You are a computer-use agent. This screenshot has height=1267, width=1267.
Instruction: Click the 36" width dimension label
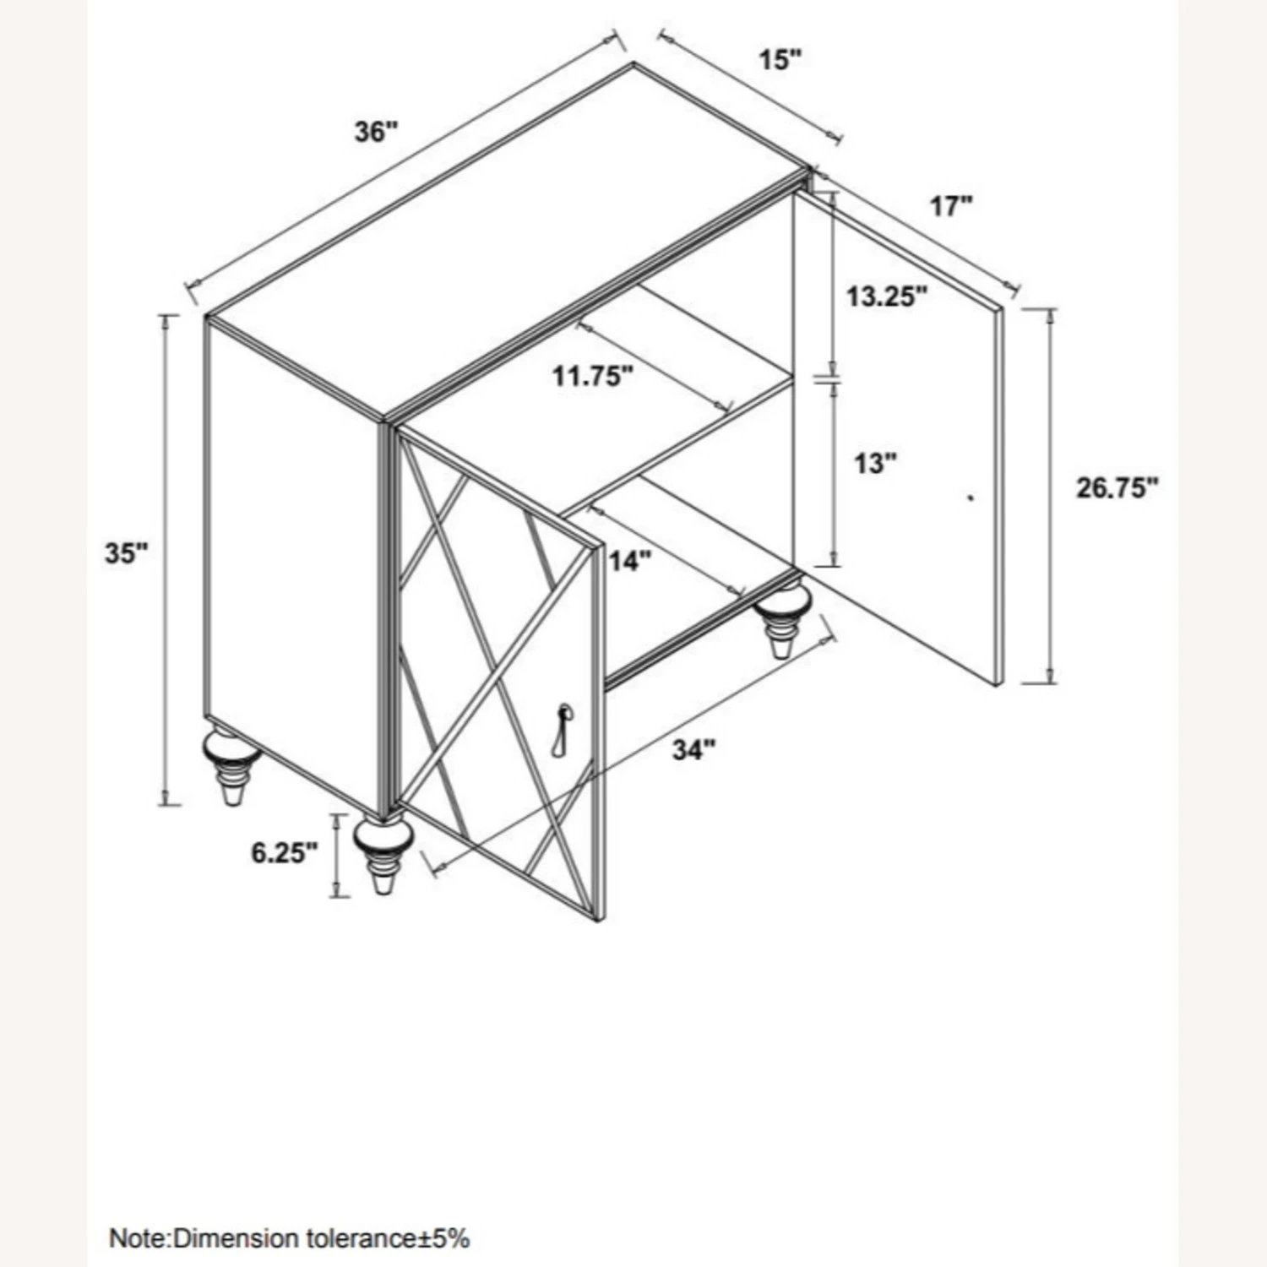(376, 132)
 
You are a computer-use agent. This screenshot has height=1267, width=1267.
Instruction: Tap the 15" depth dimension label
(779, 60)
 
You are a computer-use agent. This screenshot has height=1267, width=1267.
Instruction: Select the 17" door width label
(952, 205)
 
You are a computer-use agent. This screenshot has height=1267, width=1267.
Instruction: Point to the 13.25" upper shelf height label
(888, 296)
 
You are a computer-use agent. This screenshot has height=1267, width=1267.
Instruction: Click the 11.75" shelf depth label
(593, 375)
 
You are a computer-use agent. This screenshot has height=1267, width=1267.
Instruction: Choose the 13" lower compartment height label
(874, 463)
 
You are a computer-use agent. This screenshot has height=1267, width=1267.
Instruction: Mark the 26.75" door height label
(1117, 488)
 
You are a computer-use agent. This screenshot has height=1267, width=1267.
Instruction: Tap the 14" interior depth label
(630, 561)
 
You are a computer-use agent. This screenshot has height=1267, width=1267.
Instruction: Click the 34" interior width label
(693, 749)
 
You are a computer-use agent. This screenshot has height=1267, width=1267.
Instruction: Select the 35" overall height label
(127, 554)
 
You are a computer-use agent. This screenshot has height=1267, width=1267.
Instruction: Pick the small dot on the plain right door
(971, 498)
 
